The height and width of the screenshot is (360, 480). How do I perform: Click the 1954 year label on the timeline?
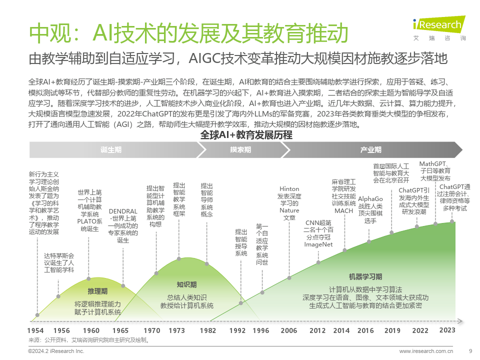point(35,330)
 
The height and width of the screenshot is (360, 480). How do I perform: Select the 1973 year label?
point(176,330)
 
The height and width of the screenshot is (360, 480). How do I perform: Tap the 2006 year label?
point(288,330)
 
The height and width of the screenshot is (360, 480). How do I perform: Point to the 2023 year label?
point(447,330)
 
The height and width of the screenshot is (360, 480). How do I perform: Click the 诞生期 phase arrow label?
point(110,149)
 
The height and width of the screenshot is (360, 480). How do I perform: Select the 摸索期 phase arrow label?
point(240,149)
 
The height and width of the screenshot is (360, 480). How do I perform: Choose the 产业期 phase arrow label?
point(371,149)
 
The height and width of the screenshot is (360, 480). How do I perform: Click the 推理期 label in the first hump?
point(97,291)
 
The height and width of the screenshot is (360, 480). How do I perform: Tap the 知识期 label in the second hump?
point(186,284)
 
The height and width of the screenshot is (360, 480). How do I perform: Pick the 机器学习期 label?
point(365,276)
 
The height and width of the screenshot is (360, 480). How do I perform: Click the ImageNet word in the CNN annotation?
point(318,244)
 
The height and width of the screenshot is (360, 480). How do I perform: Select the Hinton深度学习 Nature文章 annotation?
point(289,203)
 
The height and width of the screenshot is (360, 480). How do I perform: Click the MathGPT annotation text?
point(435,170)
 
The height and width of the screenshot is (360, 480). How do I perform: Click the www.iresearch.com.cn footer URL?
point(426,351)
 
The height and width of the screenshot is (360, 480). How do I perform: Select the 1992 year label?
point(237,330)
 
